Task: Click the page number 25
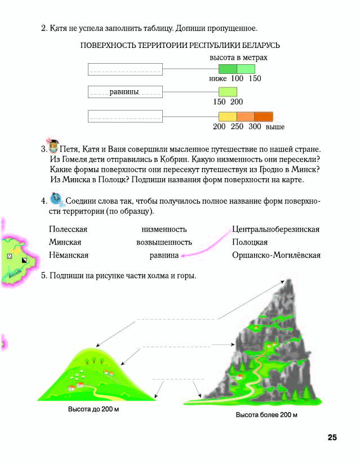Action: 331,438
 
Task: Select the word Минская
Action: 65,242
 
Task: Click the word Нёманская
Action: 69,255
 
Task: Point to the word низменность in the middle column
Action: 164,229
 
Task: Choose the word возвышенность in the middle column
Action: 164,242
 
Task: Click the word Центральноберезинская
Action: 276,229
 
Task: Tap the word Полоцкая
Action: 250,242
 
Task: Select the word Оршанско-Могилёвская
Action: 276,255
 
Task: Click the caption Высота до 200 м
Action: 94,409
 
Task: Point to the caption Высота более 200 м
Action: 266,415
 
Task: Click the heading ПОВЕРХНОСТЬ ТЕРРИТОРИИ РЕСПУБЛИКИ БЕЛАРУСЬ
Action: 181,45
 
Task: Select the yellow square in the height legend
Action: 227,117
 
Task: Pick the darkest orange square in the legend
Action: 264,117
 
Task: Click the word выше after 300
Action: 275,127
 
